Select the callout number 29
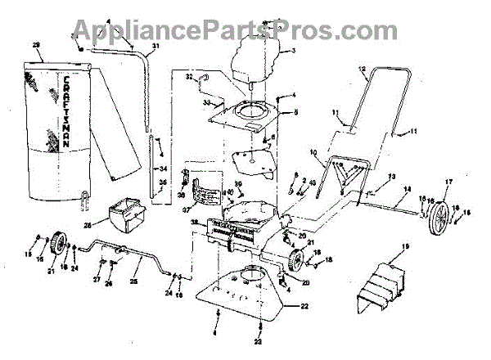pyautogui.click(x=35, y=44)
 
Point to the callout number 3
pyautogui.click(x=293, y=51)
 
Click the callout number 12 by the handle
pyautogui.click(x=360, y=71)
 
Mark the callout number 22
pyautogui.click(x=304, y=307)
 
